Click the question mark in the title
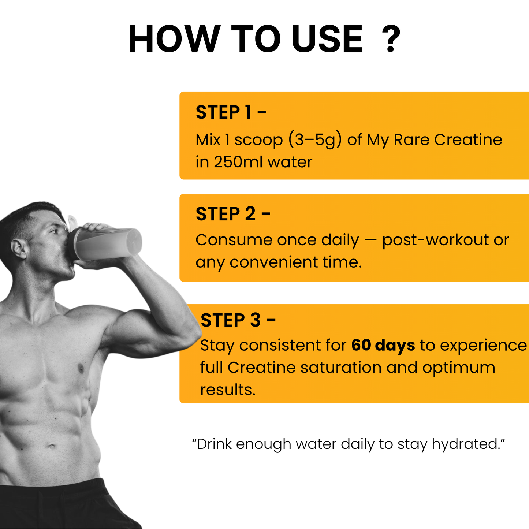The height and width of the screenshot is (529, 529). (391, 40)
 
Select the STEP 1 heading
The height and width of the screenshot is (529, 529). (231, 112)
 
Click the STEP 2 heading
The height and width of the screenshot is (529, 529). (233, 214)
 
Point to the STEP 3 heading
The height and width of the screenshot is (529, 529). (238, 320)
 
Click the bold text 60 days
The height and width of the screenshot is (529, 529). (383, 345)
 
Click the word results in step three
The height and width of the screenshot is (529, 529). (227, 390)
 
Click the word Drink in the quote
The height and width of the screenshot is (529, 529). (214, 444)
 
